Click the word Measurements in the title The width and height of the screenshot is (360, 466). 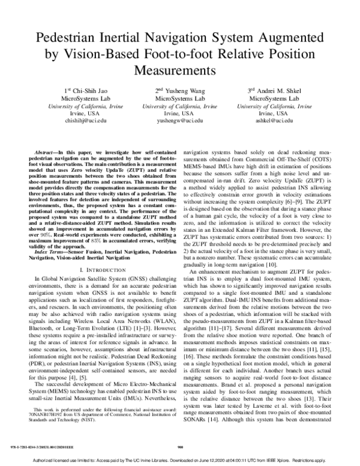pyautogui.click(x=180, y=70)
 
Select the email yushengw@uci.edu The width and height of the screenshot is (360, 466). pyautogui.click(x=179, y=121)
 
